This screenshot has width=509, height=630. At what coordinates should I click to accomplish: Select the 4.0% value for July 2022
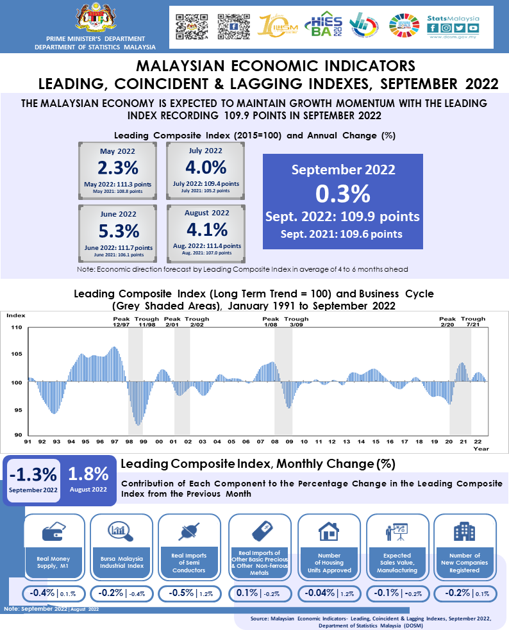(x=206, y=168)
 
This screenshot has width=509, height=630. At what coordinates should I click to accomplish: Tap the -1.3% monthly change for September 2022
(x=32, y=474)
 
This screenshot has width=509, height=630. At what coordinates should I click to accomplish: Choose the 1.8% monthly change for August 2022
(x=88, y=474)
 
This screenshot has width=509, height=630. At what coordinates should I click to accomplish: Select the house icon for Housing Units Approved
(x=328, y=531)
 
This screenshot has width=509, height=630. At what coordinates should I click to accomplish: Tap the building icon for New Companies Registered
(x=464, y=531)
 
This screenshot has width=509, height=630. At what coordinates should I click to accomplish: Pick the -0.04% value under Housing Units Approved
(x=319, y=593)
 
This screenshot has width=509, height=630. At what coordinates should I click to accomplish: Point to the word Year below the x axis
(x=481, y=449)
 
